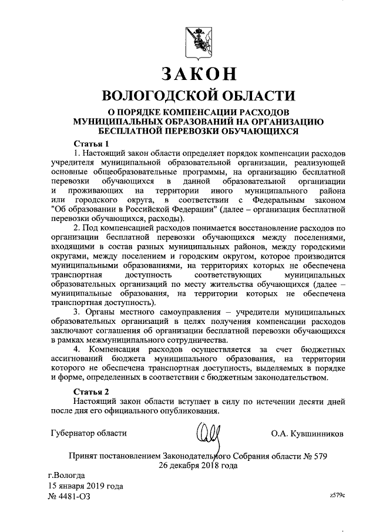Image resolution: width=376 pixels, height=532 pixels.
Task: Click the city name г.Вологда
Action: pyautogui.click(x=66, y=475)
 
